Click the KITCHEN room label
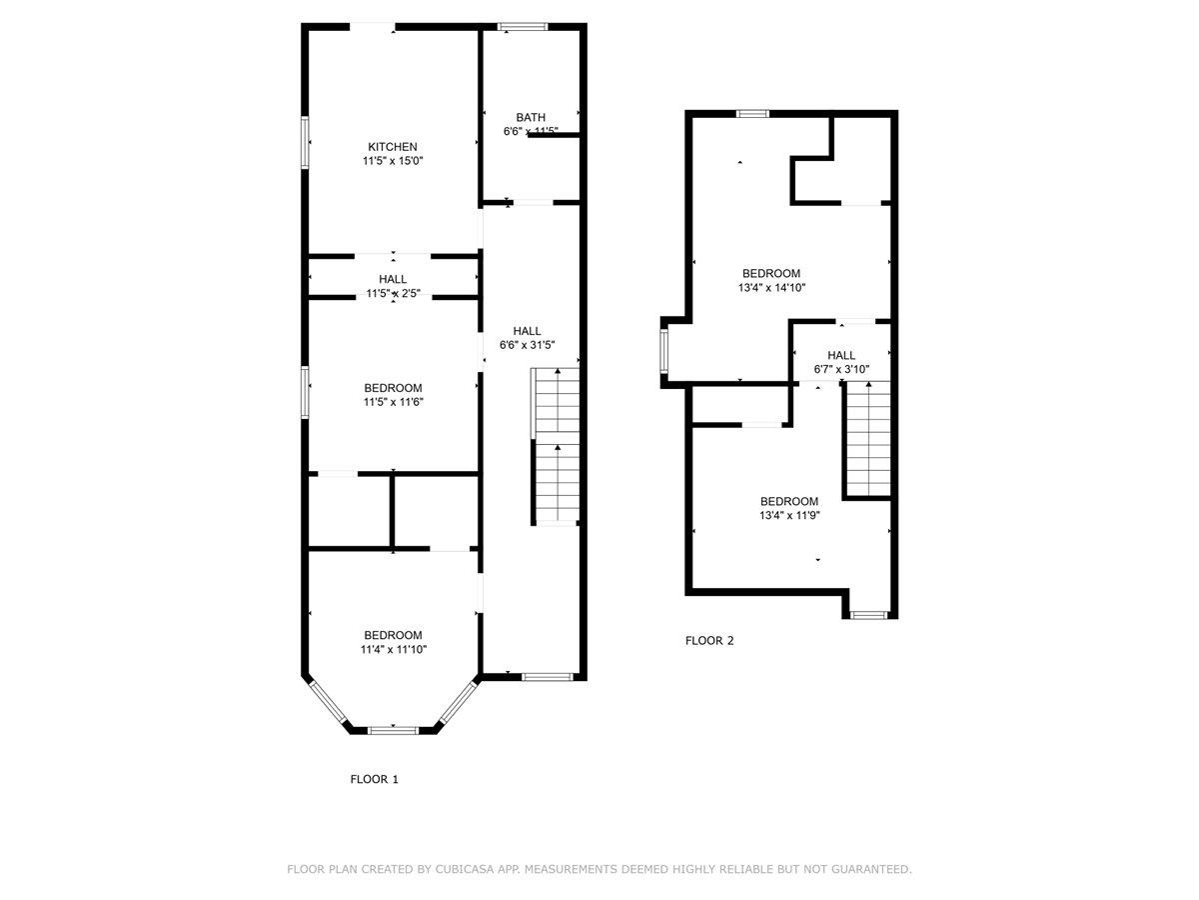point(393,147)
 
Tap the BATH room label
point(531,117)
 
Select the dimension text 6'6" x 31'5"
point(527,345)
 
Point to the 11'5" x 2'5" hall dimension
point(393,293)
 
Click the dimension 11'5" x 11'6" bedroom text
point(393,402)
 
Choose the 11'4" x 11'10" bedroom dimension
point(393,649)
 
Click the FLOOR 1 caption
point(374,779)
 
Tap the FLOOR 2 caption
point(709,641)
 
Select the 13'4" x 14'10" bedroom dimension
point(770,287)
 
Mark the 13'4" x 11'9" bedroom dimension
point(789,516)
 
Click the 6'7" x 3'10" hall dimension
point(841,369)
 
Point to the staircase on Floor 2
point(868,439)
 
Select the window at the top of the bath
point(523,27)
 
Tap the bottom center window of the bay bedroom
point(393,730)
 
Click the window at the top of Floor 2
point(752,114)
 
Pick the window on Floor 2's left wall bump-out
point(663,352)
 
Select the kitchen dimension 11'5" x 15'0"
point(393,160)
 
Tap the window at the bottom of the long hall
point(547,677)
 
